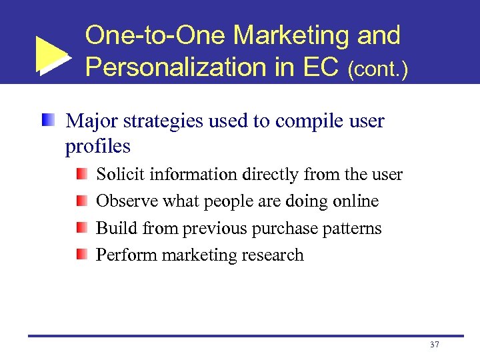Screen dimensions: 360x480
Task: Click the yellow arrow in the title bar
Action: (51, 53)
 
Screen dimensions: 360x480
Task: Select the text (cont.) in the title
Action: (378, 69)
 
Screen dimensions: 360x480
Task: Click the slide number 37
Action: (435, 345)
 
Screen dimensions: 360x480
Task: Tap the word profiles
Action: (97, 146)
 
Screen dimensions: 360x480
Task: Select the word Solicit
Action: (121, 175)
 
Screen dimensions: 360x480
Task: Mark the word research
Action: (273, 255)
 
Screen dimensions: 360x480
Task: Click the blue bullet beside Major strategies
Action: (47, 121)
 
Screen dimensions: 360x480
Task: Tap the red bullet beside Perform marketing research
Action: (81, 255)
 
